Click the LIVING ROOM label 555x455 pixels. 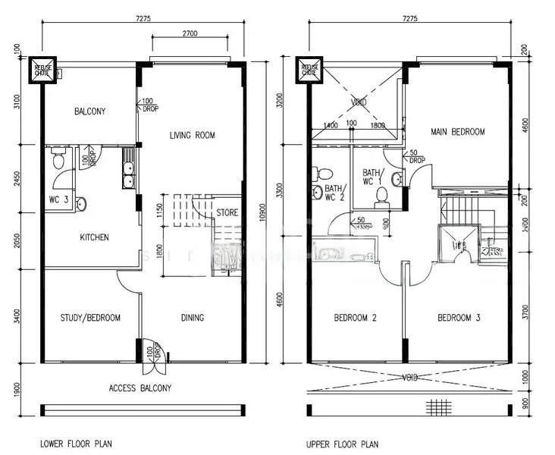tap(191, 136)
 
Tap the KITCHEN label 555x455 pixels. tap(94, 237)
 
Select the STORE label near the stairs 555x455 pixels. tap(227, 213)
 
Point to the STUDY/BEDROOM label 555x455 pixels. tap(90, 318)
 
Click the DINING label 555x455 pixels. tap(192, 318)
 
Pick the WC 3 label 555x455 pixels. tap(58, 200)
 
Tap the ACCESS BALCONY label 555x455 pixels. tap(140, 388)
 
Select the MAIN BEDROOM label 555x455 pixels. tap(457, 132)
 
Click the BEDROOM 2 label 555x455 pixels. tap(356, 318)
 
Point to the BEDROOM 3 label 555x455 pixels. tap(459, 318)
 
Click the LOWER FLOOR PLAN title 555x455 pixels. tap(77, 444)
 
